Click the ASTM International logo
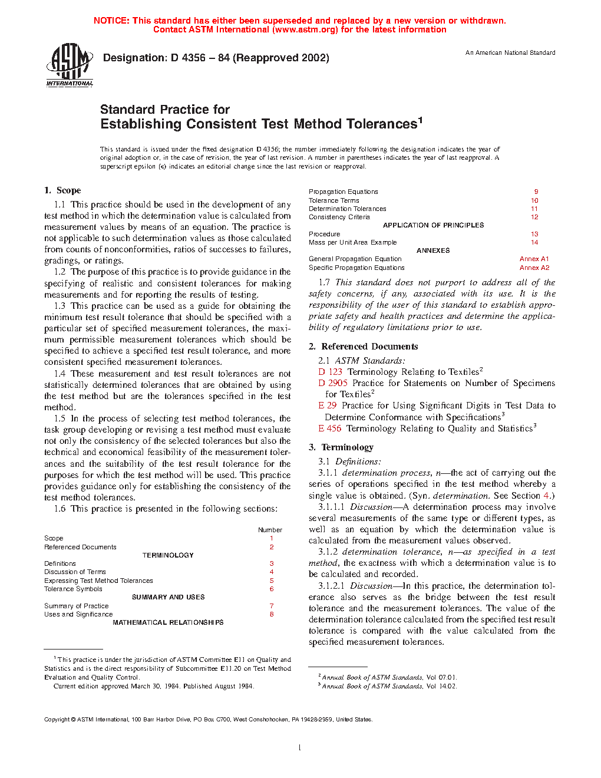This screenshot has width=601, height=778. (70, 65)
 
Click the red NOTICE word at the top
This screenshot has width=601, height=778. (111, 21)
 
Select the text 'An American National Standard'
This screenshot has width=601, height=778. (510, 52)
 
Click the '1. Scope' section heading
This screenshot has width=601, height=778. (62, 190)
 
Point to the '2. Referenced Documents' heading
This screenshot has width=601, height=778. (364, 347)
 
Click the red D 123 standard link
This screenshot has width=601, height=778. (330, 372)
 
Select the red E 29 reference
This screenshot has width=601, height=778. (327, 406)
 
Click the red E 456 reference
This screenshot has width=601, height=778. (329, 428)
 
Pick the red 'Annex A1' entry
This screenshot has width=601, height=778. (534, 259)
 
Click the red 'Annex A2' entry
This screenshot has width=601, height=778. (534, 268)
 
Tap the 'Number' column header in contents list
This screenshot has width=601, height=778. (270, 530)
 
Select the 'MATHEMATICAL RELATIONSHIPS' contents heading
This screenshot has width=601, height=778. (168, 622)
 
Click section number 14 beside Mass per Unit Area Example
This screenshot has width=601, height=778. (534, 242)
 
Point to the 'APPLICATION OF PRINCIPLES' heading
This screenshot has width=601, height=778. (433, 225)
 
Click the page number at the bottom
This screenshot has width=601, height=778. (300, 748)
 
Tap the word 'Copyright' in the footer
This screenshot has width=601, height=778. (57, 719)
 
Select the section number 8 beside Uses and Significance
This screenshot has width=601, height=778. (272, 614)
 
